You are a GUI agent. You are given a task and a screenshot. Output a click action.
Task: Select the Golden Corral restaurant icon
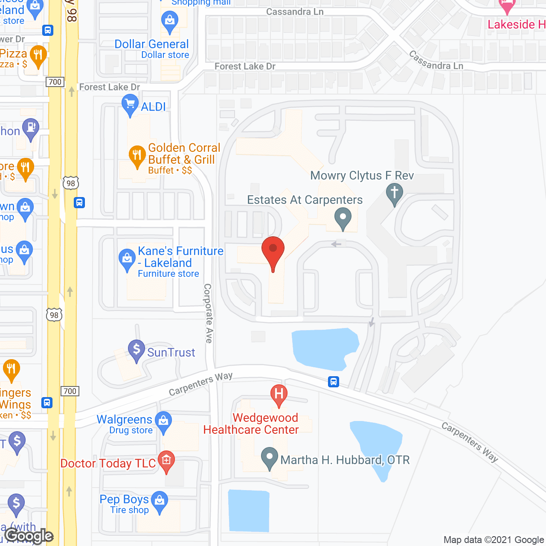pos(137,155)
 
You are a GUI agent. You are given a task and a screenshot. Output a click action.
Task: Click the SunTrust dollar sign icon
pos(136,349)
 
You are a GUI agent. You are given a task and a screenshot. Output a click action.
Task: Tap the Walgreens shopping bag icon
pos(163,421)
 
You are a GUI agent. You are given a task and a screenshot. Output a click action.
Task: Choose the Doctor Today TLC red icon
pos(166,460)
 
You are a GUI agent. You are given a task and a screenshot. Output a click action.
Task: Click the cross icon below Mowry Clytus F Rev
pos(395,193)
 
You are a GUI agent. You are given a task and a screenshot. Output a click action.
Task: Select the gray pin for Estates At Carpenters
pos(343,217)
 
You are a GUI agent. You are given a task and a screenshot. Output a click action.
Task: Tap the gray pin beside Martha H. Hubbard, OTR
pos(269,457)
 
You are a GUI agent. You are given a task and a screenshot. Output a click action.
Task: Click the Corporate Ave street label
pos(208,314)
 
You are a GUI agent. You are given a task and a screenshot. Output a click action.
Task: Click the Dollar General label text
pos(152,44)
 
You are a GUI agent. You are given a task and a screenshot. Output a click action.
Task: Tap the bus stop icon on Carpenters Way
pos(334,381)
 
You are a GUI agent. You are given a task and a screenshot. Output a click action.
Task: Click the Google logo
pos(29,536)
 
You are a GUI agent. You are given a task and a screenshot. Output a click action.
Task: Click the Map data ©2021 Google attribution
pos(494,540)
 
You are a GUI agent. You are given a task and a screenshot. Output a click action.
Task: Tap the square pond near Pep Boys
pos(249,511)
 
